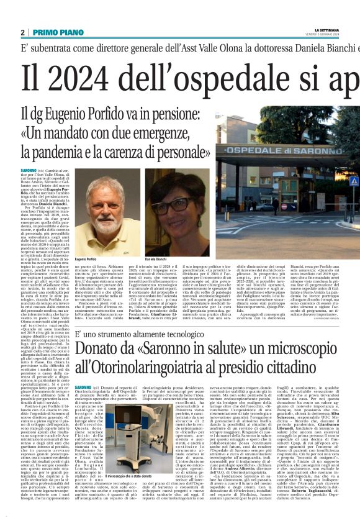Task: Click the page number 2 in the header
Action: (x=22, y=32)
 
